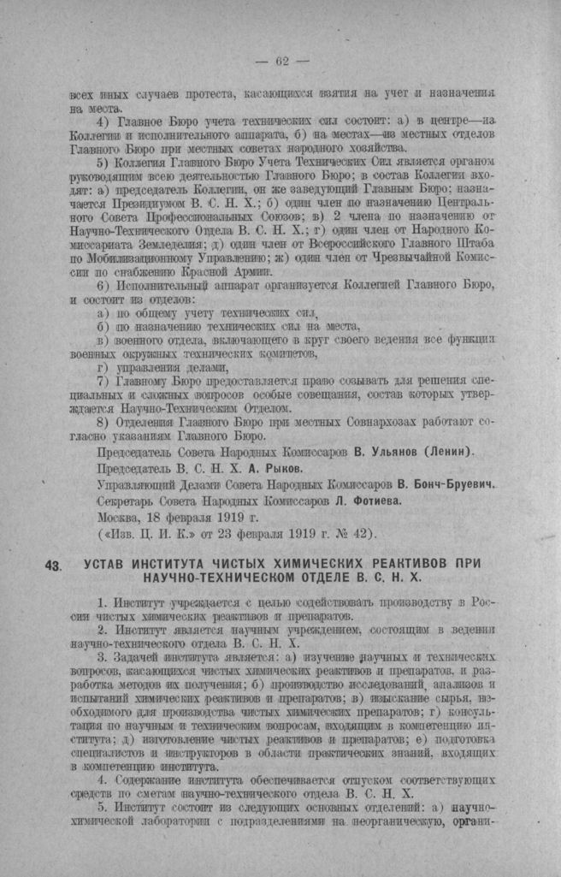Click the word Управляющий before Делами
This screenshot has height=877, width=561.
(138, 484)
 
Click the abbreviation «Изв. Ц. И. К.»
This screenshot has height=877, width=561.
(153, 534)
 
